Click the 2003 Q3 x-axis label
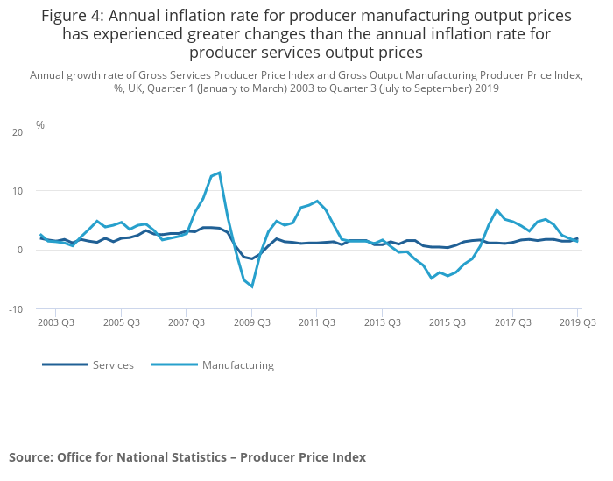[55, 322]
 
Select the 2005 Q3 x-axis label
[121, 322]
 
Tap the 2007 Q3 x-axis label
[186, 322]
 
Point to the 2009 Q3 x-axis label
[251, 322]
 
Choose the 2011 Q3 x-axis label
[316, 322]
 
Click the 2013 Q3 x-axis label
[382, 322]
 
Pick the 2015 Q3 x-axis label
[447, 322]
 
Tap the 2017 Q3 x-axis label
[512, 322]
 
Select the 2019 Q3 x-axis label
[577, 322]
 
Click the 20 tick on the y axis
[18, 132]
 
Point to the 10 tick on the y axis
[18, 191]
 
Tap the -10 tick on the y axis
[16, 309]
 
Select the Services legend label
[113, 365]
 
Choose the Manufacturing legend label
[237, 365]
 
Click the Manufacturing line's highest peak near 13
[219, 173]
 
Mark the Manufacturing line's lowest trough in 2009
[251, 286]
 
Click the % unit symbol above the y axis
[40, 125]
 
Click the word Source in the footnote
[31, 457]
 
